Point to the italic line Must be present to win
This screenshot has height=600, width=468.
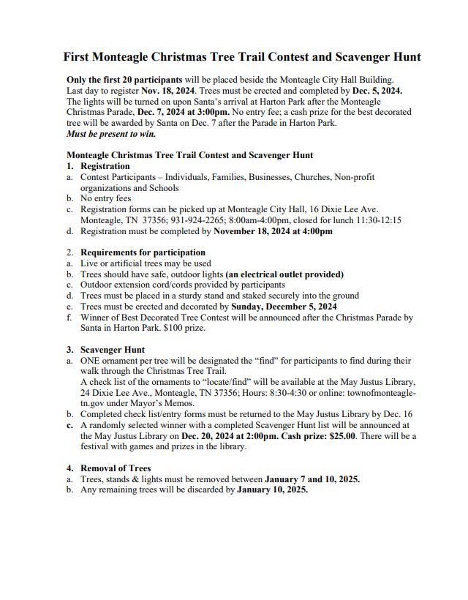111,134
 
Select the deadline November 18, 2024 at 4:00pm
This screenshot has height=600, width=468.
273,231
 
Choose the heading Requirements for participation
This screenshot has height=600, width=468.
143,252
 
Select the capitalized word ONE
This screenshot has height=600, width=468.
92,361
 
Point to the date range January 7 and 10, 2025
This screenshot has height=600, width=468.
312,479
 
